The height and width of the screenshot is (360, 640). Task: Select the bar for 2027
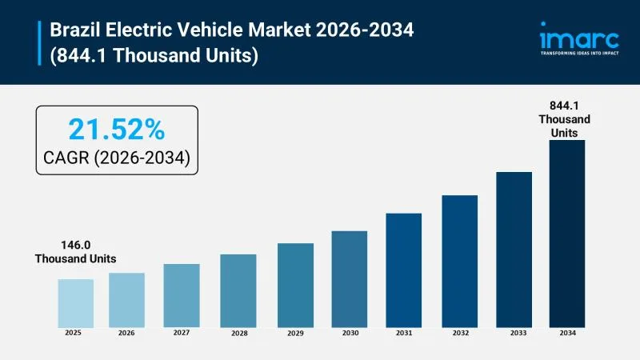182,295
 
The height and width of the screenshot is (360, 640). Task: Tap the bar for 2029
295,285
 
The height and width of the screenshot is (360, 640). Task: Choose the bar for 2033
514,249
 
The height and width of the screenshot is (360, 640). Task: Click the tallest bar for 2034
566,233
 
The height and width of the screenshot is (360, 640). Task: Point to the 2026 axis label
126,332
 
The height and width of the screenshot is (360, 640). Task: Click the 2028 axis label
238,332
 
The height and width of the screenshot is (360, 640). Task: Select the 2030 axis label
349,332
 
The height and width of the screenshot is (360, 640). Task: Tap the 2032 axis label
459,332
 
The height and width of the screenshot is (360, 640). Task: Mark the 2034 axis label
566,332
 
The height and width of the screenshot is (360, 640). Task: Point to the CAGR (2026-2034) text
116,158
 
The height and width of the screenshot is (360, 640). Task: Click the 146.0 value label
75,245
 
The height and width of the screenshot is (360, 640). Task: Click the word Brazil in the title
74,30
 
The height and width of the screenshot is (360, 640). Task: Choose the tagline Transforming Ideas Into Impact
579,54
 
